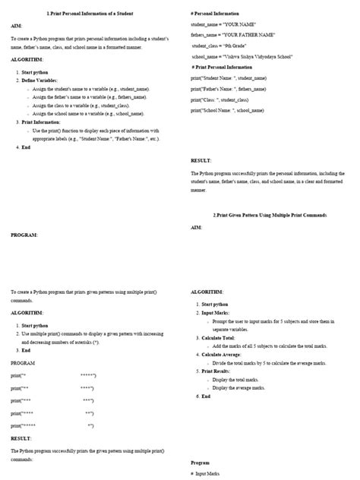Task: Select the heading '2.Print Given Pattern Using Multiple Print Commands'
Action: pyautogui.click(x=270, y=215)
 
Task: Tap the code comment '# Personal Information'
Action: pyautogui.click(x=216, y=14)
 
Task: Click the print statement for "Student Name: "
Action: pyautogui.click(x=229, y=77)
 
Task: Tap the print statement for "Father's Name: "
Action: pyautogui.click(x=229, y=89)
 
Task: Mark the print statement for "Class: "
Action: pyautogui.click(x=219, y=99)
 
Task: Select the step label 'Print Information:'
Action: pyautogui.click(x=42, y=122)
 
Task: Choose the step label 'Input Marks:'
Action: pyautogui.click(x=213, y=313)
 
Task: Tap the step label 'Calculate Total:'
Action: pyautogui.click(x=217, y=337)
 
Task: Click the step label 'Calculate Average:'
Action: pyautogui.click(x=220, y=355)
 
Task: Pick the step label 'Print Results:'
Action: pyautogui.click(x=214, y=371)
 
